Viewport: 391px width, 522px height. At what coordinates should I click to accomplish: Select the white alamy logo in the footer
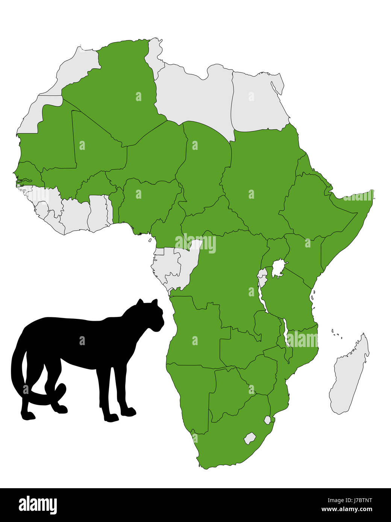coord(38,505)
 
